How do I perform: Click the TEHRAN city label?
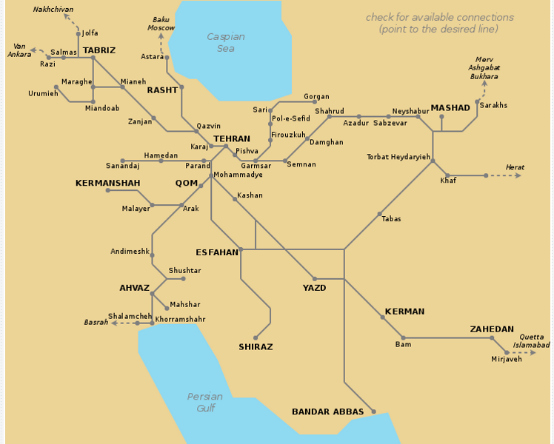pos(231,138)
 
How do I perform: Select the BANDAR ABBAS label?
pos(327,411)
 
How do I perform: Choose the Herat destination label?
pos(514,167)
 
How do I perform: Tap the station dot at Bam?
pos(403,338)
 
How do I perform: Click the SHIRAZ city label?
pos(256,346)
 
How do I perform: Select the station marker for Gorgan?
pos(315,102)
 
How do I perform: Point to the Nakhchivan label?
pos(53,10)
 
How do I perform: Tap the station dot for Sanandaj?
pos(122,161)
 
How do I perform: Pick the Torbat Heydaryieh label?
pos(398,157)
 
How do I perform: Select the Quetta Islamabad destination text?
pos(530,340)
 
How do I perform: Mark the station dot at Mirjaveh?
pos(507,353)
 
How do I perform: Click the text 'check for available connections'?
pos(439,17)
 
